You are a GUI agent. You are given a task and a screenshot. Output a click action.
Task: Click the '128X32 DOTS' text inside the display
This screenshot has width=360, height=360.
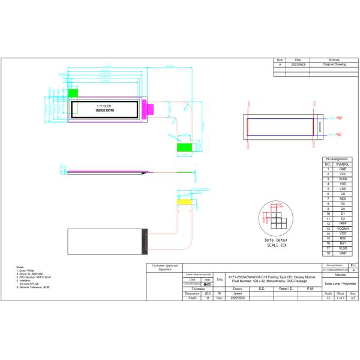point(105,111)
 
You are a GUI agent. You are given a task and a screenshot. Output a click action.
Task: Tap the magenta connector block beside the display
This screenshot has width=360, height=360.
point(151,109)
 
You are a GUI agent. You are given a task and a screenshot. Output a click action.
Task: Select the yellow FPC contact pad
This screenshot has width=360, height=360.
point(185,202)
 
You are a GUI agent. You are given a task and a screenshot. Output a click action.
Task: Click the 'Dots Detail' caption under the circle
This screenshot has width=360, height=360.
point(277,239)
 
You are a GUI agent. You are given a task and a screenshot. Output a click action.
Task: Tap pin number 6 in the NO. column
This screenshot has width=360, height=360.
point(328,194)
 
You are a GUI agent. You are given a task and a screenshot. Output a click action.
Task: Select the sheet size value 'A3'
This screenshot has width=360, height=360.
point(353,298)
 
